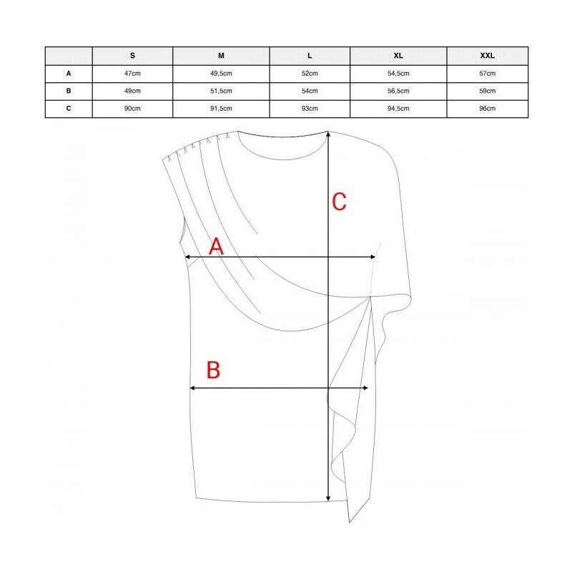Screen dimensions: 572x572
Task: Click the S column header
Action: (132, 56)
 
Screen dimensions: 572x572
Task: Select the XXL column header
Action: (487, 56)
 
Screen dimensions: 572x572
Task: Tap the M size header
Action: (221, 56)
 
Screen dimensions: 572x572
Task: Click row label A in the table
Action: (69, 74)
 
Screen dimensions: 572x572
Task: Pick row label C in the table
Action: (69, 109)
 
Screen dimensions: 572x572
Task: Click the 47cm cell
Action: (132, 74)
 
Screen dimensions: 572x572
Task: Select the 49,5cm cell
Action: (221, 74)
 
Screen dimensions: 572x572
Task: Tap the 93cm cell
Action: (310, 109)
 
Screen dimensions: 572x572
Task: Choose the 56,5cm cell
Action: (398, 91)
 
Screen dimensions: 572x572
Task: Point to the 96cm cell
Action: (488, 109)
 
